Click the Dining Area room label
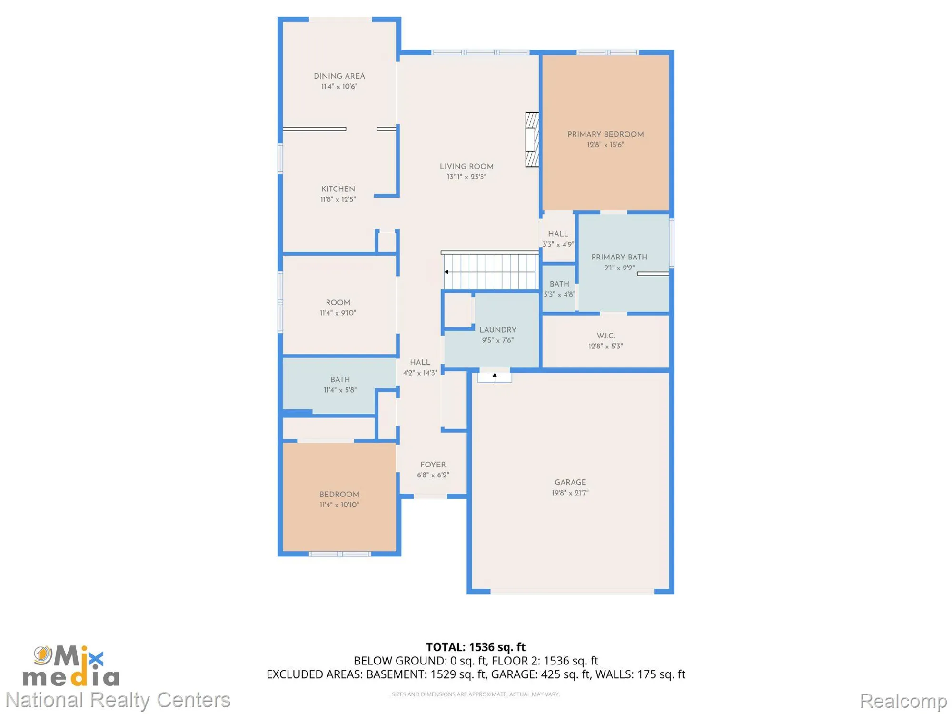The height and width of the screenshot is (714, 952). (x=339, y=76)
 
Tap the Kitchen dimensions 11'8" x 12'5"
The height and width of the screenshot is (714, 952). (x=338, y=199)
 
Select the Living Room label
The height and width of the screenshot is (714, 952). (x=466, y=167)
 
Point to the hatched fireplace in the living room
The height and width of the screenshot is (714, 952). (x=532, y=139)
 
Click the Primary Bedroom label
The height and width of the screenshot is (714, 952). (x=605, y=135)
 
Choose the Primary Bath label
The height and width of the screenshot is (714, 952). (x=619, y=258)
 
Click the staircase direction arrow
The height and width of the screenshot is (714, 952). (x=446, y=272)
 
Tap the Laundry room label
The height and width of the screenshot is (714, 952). (x=497, y=330)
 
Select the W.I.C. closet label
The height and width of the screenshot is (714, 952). (x=605, y=336)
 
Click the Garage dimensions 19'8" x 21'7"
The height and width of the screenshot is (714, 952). (x=570, y=493)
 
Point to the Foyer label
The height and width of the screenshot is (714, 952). (x=433, y=465)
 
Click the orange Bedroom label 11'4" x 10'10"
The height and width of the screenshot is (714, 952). (x=339, y=495)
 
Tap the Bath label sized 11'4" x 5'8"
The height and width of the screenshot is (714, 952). (x=340, y=380)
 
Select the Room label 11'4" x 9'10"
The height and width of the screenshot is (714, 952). (x=338, y=303)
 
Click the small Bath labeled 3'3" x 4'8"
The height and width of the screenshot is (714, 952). (x=559, y=284)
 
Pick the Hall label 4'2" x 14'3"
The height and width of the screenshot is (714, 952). (x=420, y=363)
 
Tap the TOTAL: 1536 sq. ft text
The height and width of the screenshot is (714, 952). (x=476, y=647)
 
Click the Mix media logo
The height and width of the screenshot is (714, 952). (x=71, y=666)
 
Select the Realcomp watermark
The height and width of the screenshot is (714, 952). (x=903, y=701)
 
